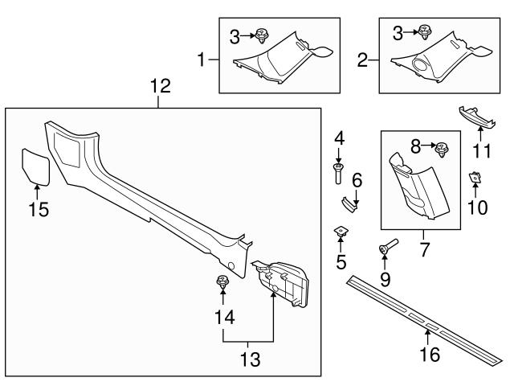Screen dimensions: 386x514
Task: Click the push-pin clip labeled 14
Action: pyautogui.click(x=220, y=282)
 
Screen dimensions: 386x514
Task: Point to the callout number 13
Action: pyautogui.click(x=251, y=359)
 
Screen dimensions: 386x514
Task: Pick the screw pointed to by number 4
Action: pyautogui.click(x=338, y=170)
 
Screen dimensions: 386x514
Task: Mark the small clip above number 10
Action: pyautogui.click(x=475, y=177)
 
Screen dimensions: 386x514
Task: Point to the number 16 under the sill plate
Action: pyautogui.click(x=430, y=355)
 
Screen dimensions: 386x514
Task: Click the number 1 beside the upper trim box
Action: pyautogui.click(x=204, y=60)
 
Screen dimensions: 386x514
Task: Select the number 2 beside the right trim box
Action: pyautogui.click(x=363, y=60)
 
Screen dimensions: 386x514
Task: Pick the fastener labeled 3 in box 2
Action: pyautogui.click(x=423, y=33)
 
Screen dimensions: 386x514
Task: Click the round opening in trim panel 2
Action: pyautogui.click(x=421, y=65)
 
